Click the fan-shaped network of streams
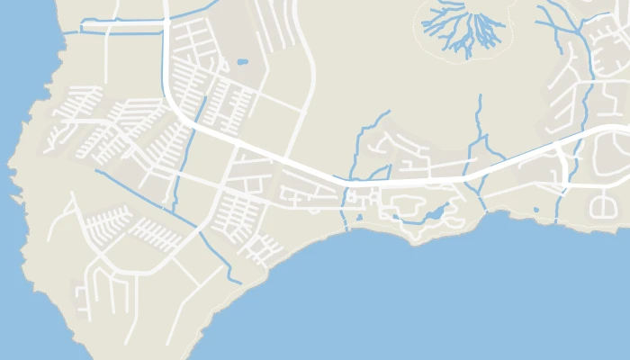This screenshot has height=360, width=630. click(x=462, y=28)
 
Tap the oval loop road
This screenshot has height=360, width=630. click(x=601, y=207)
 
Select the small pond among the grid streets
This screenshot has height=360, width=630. click(x=242, y=62)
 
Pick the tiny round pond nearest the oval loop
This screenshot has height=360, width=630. click(x=536, y=210)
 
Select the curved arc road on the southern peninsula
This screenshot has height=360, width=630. click(x=99, y=270)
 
